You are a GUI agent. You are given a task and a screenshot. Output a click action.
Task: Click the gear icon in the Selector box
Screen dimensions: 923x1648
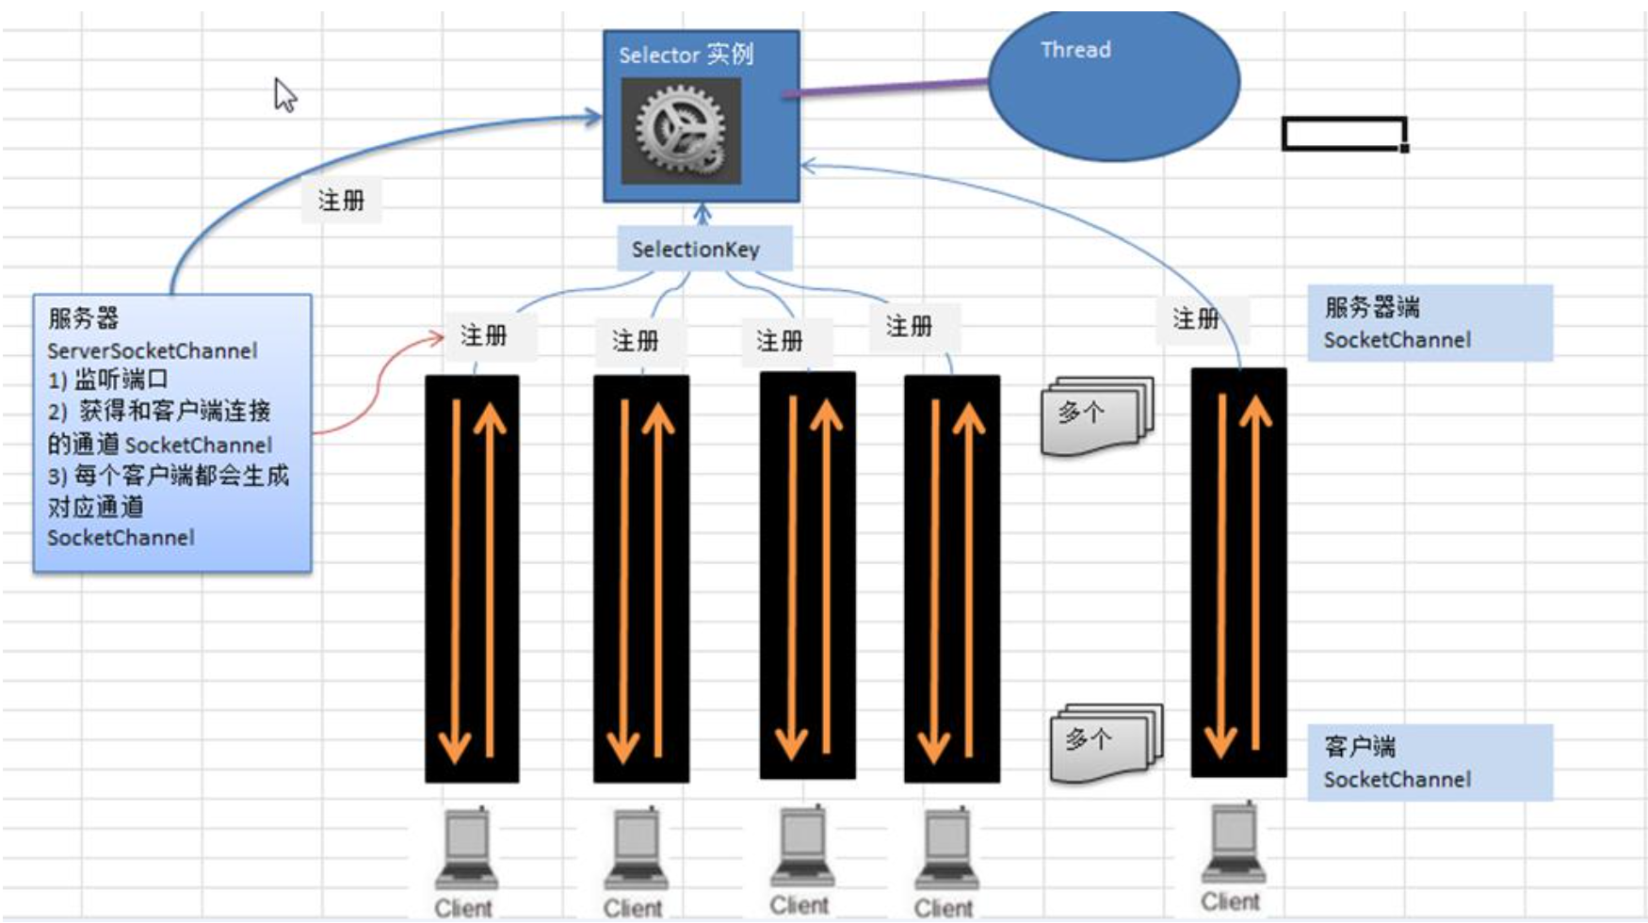pyautogui.click(x=680, y=131)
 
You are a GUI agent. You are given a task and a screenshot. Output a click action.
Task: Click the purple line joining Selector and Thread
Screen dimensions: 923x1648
pyautogui.click(x=885, y=88)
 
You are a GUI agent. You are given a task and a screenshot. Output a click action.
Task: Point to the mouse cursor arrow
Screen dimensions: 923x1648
pyautogui.click(x=284, y=95)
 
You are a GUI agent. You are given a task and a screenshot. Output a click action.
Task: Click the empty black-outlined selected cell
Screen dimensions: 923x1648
pyautogui.click(x=1344, y=133)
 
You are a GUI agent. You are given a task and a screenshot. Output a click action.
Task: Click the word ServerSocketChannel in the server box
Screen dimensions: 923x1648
pyautogui.click(x=153, y=351)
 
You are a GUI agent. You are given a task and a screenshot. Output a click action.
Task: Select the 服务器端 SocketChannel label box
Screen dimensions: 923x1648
pyautogui.click(x=1429, y=323)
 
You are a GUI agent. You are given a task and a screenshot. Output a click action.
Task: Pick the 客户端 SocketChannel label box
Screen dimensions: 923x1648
pyautogui.click(x=1429, y=763)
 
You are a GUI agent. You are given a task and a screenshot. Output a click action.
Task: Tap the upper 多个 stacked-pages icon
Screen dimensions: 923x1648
pyautogui.click(x=1097, y=414)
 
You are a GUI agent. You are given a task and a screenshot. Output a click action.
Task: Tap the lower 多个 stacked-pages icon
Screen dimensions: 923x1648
pyautogui.click(x=1106, y=741)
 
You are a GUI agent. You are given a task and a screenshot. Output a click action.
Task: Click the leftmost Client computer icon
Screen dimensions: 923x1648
pyautogui.click(x=466, y=848)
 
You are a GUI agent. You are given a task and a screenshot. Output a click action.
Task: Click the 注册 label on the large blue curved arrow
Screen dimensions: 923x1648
pyautogui.click(x=341, y=201)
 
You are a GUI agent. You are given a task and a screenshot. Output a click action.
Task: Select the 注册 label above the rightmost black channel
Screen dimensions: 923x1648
pyautogui.click(x=1196, y=319)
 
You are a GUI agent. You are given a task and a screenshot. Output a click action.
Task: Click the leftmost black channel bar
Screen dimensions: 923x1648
pyautogui.click(x=471, y=578)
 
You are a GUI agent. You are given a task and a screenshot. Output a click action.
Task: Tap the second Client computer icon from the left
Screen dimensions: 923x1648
pyautogui.click(x=636, y=849)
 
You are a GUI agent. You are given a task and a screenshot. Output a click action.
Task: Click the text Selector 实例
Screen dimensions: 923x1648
pyautogui.click(x=686, y=55)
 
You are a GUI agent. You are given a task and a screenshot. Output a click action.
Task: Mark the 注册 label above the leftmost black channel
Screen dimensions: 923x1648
pyautogui.click(x=484, y=335)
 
